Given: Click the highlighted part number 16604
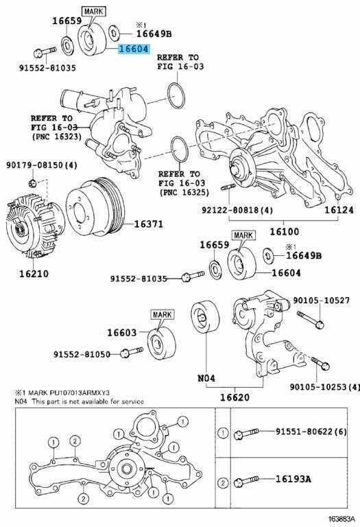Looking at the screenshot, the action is click(x=133, y=49).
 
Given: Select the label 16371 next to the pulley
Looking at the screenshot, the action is click(x=148, y=224).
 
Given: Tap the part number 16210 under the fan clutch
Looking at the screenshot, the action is click(x=34, y=274).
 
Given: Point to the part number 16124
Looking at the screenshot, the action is click(x=339, y=210).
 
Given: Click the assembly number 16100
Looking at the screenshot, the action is click(x=284, y=231).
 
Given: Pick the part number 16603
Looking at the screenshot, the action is click(x=122, y=333).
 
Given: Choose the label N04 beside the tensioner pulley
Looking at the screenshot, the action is click(x=206, y=378).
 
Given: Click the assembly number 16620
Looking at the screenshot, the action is click(x=235, y=397).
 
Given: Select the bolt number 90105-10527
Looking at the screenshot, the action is click(x=321, y=300).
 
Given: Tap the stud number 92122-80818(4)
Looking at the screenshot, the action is click(x=237, y=210).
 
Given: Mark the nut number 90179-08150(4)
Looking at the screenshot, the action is click(x=42, y=165).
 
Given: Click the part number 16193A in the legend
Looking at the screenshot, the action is click(x=293, y=478).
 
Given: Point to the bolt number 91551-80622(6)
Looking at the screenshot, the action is click(x=311, y=431).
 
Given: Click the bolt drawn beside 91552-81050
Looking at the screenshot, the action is click(x=131, y=352).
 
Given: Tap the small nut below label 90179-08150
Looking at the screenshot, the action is click(x=33, y=183).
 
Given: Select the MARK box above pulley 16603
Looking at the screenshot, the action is click(x=162, y=314).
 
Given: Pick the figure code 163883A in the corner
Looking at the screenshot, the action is click(x=341, y=519).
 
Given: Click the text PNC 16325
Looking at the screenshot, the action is click(x=184, y=193).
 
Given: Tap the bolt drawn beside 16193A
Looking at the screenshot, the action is click(x=246, y=480).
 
